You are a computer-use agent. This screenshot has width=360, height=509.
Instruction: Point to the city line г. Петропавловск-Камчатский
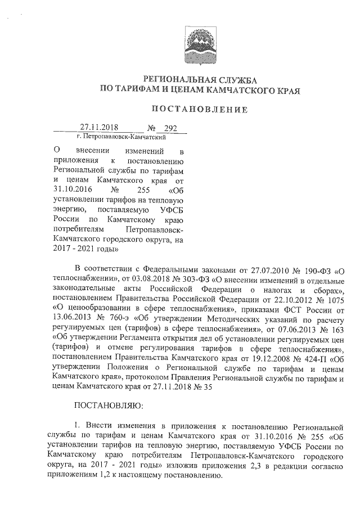[123, 137]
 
